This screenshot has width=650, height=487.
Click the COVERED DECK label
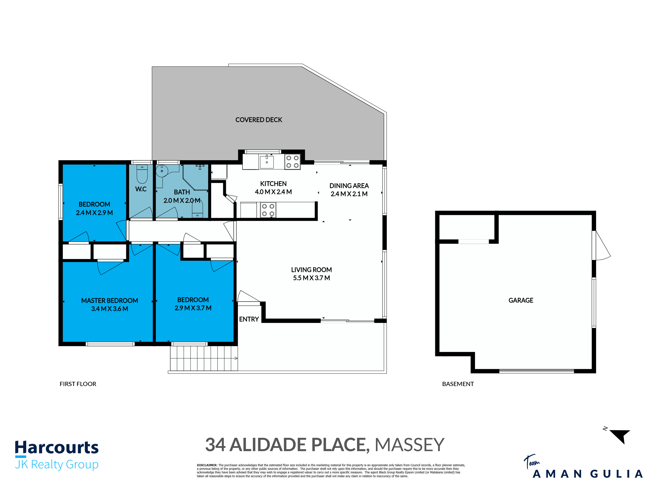click(259, 120)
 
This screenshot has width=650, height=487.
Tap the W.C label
click(141, 189)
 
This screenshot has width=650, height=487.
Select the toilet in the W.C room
click(142, 174)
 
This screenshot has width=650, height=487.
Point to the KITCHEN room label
click(273, 184)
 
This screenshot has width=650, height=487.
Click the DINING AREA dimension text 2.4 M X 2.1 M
click(349, 194)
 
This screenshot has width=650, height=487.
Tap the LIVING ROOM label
click(312, 270)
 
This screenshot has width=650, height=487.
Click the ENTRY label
click(249, 319)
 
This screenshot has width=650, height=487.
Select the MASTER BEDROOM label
click(110, 301)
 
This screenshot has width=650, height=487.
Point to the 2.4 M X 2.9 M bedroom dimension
click(94, 213)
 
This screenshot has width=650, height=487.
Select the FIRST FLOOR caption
click(78, 384)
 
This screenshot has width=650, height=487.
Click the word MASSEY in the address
click(409, 445)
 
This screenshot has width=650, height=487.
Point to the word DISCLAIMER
click(207, 465)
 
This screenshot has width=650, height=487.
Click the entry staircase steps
click(204, 358)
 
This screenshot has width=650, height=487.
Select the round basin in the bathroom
click(162, 171)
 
